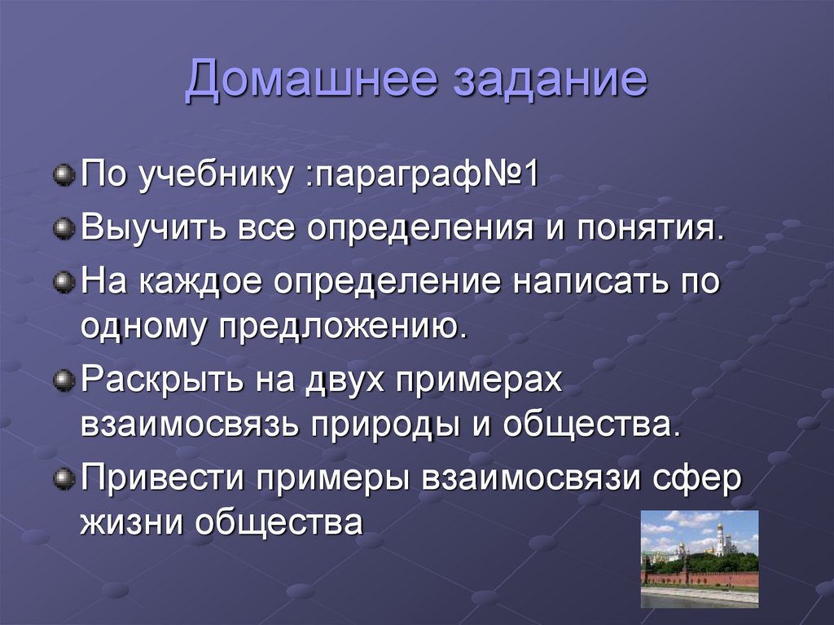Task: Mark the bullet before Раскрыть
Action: point(63,379)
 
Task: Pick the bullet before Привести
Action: point(63,478)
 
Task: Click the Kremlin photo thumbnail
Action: point(700,558)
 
